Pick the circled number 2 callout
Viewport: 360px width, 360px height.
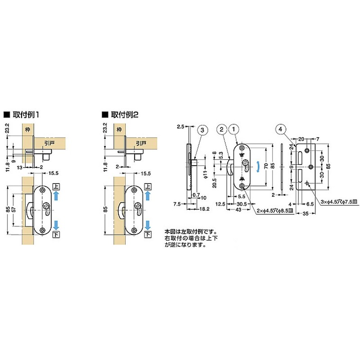coord(221,130)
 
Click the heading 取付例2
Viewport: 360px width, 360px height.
coord(121,114)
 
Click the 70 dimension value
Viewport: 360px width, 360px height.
coord(265,166)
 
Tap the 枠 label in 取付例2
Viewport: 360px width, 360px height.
coord(119,130)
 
